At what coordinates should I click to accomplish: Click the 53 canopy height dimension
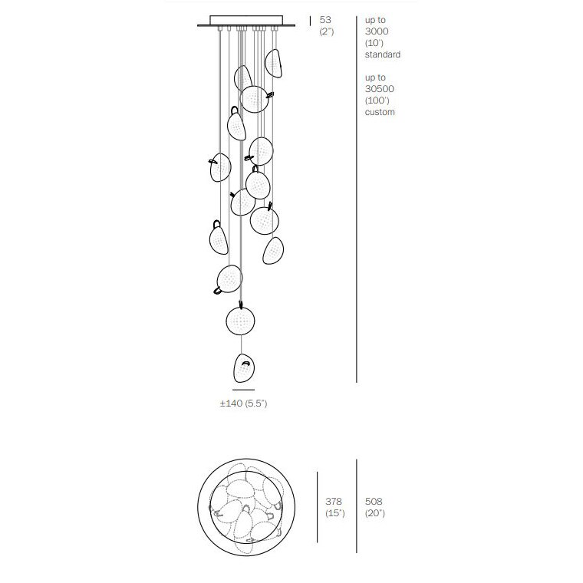click(325, 20)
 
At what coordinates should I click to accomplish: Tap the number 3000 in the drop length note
click(377, 31)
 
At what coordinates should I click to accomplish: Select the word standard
click(382, 54)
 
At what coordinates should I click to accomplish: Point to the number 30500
click(379, 89)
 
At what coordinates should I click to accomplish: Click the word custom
click(380, 112)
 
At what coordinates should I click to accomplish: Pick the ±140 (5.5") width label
click(243, 403)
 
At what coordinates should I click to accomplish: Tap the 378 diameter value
click(334, 501)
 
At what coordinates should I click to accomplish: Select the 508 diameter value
click(374, 501)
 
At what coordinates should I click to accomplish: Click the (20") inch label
click(375, 513)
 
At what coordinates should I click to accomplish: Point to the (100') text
click(377, 100)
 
